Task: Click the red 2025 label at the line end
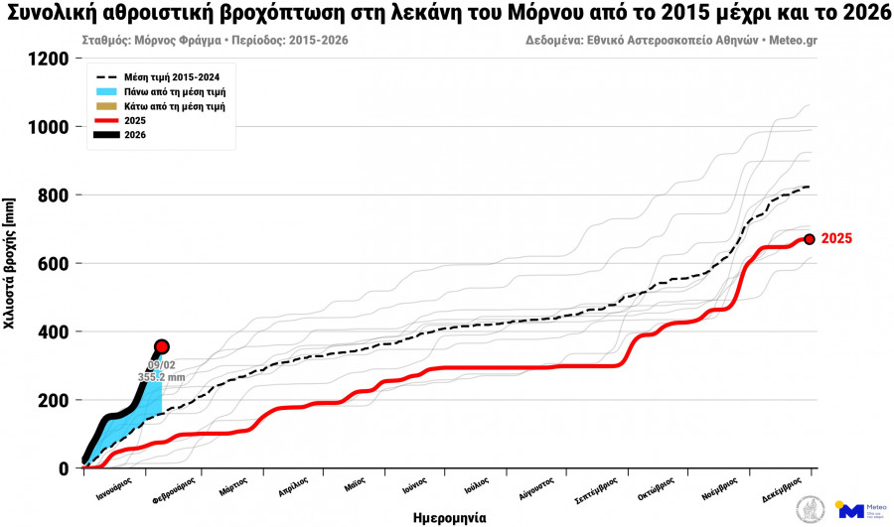click(x=836, y=239)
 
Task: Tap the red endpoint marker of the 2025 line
click(x=810, y=239)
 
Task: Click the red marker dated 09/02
click(x=161, y=346)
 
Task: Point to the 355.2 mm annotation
click(x=161, y=378)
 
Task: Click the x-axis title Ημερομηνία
click(x=450, y=517)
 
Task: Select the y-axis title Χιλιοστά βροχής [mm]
click(x=11, y=263)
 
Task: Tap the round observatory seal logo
click(x=811, y=510)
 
